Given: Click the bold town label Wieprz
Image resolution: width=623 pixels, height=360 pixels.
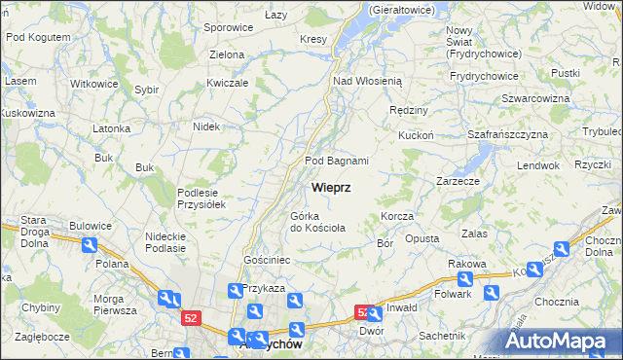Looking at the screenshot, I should (332, 186).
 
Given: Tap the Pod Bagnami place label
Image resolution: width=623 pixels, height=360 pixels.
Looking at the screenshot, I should (337, 161).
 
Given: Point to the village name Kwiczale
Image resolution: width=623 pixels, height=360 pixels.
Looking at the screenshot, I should (228, 83).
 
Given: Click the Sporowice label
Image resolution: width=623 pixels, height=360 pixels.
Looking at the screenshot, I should (228, 28).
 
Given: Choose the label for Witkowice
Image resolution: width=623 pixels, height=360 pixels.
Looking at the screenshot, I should (94, 84).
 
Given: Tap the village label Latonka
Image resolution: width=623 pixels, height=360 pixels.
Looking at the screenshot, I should (111, 128).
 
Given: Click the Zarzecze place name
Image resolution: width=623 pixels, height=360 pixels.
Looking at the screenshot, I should (458, 181).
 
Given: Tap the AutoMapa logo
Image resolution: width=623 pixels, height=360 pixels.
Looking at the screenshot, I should (562, 341).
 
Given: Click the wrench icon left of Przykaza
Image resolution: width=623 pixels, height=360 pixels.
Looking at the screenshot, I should (235, 290).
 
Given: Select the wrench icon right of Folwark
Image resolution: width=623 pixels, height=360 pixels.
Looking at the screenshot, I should (492, 291).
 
